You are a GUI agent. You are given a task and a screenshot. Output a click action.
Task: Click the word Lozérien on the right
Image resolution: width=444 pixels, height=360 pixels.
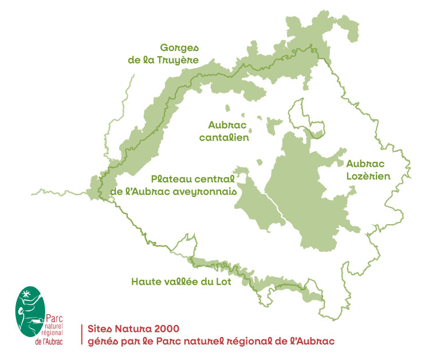click(x=368, y=177)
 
